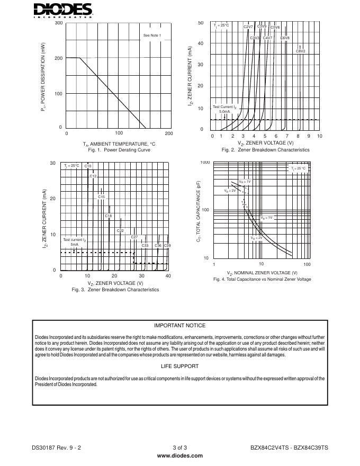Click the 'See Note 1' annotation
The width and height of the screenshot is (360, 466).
tap(152, 35)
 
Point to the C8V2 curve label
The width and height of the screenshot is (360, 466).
tap(300, 51)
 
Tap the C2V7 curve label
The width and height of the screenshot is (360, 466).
tap(248, 27)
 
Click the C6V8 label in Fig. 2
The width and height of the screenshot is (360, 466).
tap(285, 38)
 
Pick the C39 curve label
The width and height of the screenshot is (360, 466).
tap(167, 246)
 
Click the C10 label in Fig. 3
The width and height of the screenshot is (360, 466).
tap(88, 166)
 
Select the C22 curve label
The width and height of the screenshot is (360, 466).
tap(120, 231)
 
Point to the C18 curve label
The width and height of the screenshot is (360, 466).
tap(108, 216)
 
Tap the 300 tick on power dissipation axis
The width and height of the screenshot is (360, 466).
tap(58, 23)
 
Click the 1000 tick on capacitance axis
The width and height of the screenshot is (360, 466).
tap(205, 163)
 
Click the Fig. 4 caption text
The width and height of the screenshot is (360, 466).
tap(262, 279)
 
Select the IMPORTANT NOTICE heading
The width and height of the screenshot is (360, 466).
tap(179, 326)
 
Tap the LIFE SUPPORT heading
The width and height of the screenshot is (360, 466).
tap(179, 366)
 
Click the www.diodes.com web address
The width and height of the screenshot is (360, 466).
tap(179, 455)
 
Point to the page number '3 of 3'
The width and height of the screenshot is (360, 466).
tap(179, 447)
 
